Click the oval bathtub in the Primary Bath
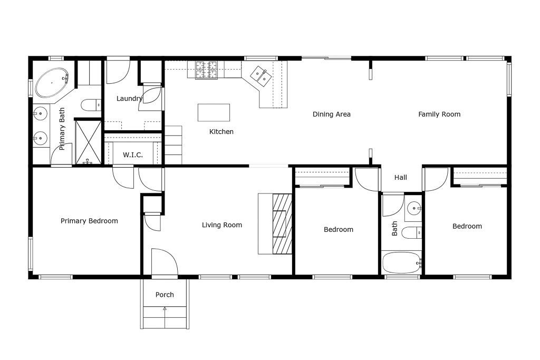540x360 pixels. click(x=52, y=82)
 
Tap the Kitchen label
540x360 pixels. click(x=221, y=131)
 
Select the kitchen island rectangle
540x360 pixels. click(x=214, y=113)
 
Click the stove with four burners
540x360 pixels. click(x=207, y=70)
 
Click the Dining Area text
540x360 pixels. click(x=332, y=114)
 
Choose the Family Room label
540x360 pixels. click(x=439, y=114)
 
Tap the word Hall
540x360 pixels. click(x=401, y=178)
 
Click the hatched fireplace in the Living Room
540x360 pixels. click(x=283, y=223)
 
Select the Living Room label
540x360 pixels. click(x=222, y=225)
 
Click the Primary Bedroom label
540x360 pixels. click(x=89, y=221)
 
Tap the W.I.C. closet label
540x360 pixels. click(x=133, y=155)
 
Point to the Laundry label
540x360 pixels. click(x=129, y=99)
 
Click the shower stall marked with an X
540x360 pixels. click(x=89, y=142)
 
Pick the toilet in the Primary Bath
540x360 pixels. click(x=91, y=105)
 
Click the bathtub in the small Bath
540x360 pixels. click(x=401, y=263)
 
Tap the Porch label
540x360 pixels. click(x=165, y=295)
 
